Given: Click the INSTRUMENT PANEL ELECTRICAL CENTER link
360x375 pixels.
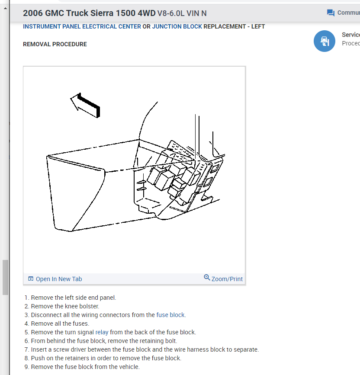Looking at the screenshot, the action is click(x=82, y=26).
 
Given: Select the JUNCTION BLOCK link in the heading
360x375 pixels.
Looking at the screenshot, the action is click(x=177, y=26).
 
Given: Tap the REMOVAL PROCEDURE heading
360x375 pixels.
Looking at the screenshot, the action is click(x=55, y=44).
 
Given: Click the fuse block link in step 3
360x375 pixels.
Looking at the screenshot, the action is click(x=171, y=315).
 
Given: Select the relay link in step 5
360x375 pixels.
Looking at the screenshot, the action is click(x=102, y=332).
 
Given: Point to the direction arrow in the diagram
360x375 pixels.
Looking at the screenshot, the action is click(x=86, y=105).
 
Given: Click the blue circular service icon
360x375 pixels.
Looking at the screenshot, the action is click(x=324, y=41).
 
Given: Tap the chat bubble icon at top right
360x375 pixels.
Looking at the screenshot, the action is click(x=331, y=13).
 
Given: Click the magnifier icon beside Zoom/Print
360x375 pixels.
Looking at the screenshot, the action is click(x=207, y=278).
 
